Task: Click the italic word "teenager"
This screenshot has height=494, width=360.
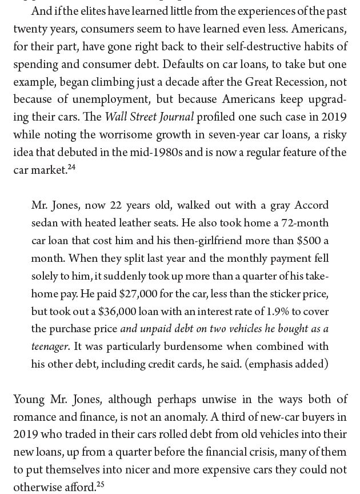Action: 50,346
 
